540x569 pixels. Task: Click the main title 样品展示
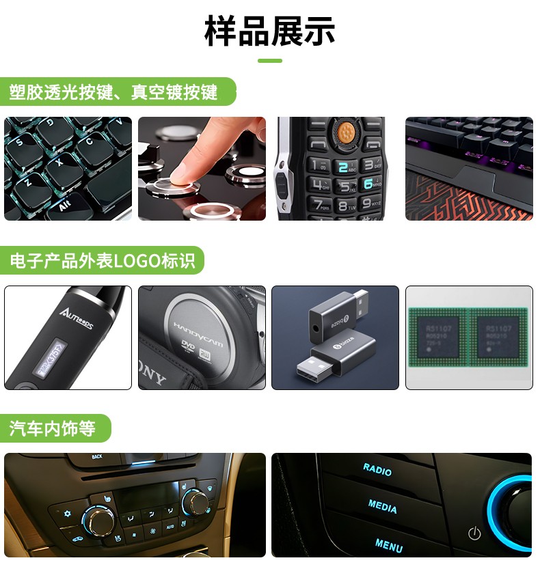pos(270,31)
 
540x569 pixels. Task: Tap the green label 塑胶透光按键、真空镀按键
pos(113,92)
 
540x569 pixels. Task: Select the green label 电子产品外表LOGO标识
pos(103,260)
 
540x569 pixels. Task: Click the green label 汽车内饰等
pos(52,428)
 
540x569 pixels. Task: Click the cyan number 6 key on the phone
pos(368,184)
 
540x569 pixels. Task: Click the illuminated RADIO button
pos(377,469)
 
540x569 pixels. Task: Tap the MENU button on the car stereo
pos(388,545)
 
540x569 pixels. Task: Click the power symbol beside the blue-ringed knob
pos(474,533)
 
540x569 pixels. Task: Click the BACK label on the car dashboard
pos(97,456)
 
